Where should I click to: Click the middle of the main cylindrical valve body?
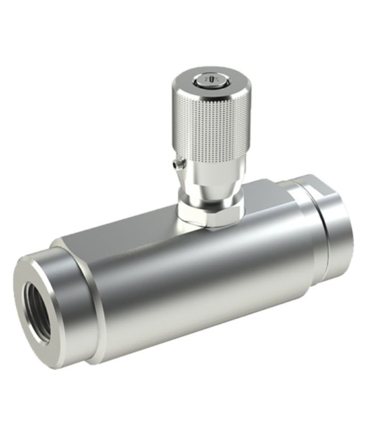pos(197,277)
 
